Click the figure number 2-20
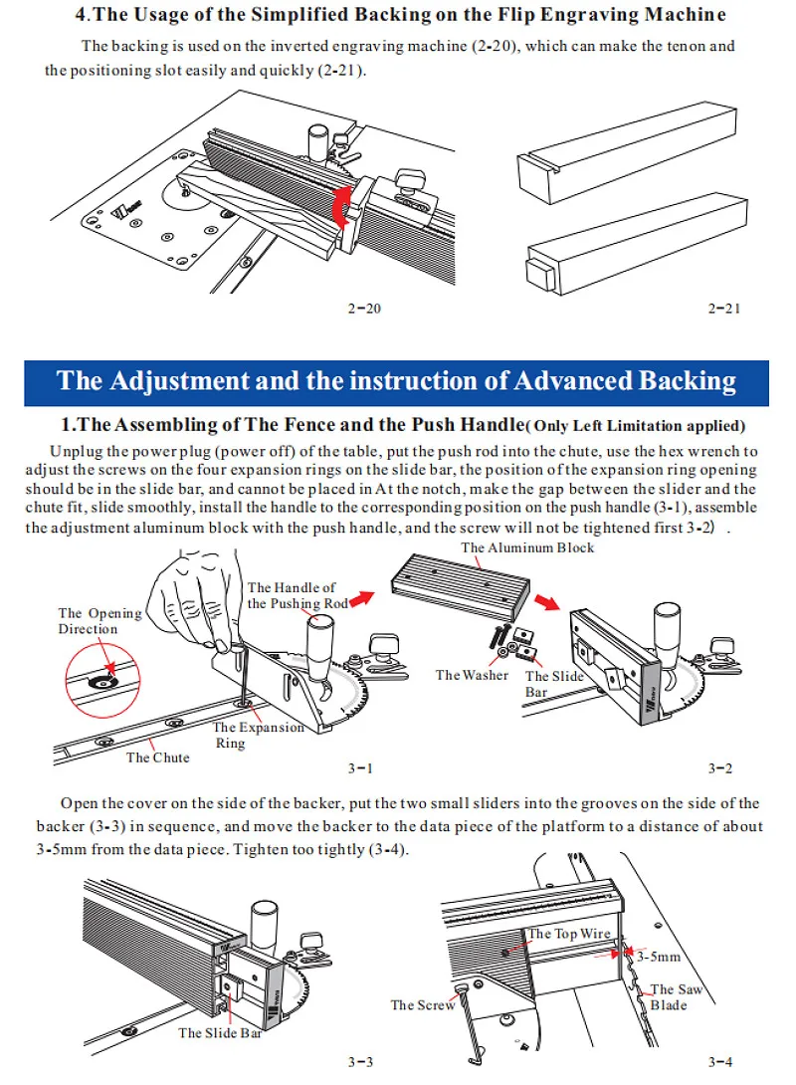(x=364, y=309)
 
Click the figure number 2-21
(x=724, y=309)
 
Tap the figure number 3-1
(x=360, y=767)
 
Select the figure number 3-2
(x=720, y=767)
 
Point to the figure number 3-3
(x=360, y=1061)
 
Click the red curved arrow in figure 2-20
(x=340, y=210)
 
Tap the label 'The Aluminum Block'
(x=527, y=547)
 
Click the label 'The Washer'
(x=472, y=675)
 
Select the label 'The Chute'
(x=157, y=758)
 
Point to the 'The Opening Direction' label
(x=99, y=621)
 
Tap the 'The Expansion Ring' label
(x=258, y=735)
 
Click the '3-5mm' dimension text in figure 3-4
(x=659, y=957)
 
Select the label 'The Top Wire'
(x=566, y=934)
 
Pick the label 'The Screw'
(x=423, y=1005)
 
